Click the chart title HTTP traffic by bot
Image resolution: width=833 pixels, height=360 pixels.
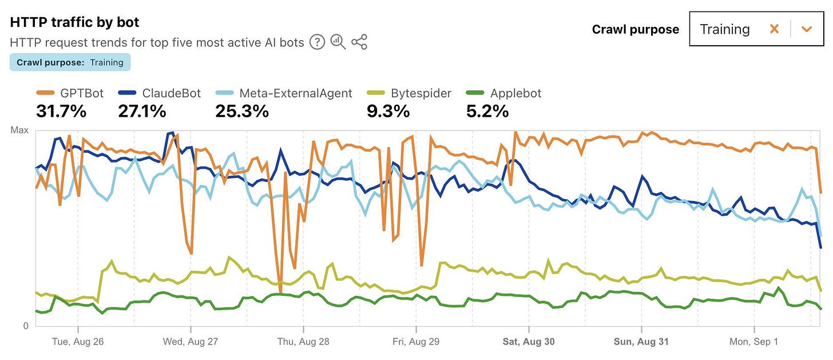(75, 22)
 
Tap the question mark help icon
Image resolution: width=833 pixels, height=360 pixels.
(317, 42)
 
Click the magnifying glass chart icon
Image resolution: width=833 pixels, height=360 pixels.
(338, 42)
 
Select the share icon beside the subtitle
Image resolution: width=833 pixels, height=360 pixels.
(359, 42)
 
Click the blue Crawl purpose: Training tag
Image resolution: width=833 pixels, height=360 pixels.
(70, 62)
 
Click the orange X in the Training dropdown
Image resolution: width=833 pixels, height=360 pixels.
(774, 29)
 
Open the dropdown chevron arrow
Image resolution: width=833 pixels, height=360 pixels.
(807, 29)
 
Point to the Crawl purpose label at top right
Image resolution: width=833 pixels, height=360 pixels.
(636, 29)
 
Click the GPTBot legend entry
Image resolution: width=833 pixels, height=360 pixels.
(70, 93)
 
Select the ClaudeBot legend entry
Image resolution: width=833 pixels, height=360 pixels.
(160, 93)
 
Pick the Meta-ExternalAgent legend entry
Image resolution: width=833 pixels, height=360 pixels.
(284, 93)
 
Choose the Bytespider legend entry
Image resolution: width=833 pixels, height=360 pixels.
(407, 93)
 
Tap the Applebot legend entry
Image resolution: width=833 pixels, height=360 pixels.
(504, 93)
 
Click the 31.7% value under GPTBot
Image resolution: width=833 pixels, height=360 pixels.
(61, 111)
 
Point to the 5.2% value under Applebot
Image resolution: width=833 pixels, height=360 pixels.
(487, 111)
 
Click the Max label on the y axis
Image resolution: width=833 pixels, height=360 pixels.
(19, 130)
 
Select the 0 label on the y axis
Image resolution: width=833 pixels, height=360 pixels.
(25, 326)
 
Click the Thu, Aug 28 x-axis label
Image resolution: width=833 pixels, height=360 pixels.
(303, 342)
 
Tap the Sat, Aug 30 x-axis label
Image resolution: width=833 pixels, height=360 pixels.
(529, 342)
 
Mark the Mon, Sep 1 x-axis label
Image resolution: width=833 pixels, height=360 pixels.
(754, 342)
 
